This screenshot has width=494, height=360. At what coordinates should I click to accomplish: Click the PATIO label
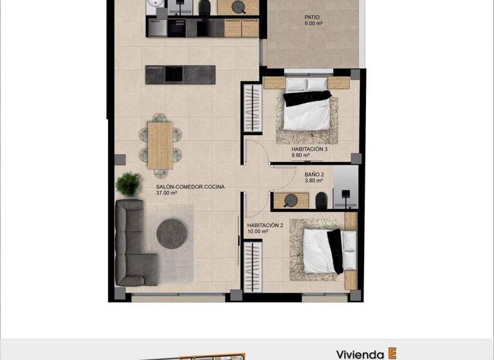point(312,17)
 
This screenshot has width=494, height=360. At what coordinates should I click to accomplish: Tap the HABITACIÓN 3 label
point(309,149)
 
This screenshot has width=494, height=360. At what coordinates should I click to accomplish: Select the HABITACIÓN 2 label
point(265,225)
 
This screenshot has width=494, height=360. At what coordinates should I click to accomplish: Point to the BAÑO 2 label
point(314,174)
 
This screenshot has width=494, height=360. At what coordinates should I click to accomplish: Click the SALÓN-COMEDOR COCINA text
point(190,186)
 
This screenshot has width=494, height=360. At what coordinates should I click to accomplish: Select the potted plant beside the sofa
point(129,183)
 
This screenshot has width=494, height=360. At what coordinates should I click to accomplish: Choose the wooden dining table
point(160,145)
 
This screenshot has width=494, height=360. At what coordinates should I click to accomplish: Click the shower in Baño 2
point(346,187)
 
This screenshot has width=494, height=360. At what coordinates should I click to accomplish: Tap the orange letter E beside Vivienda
point(392,354)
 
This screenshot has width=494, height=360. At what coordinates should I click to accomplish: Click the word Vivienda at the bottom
point(360,354)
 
